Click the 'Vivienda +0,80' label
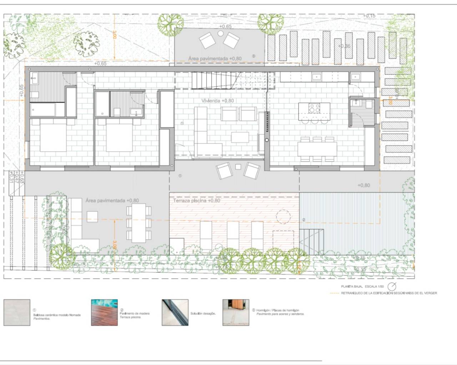point(217,101)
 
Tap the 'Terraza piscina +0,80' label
point(197,201)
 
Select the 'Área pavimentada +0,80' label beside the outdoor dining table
point(112,201)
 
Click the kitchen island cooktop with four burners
point(314,108)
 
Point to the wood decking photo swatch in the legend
point(104,313)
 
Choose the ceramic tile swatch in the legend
point(17,313)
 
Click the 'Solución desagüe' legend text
point(203,314)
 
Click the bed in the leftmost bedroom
point(53,136)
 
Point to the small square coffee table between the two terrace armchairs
point(238,166)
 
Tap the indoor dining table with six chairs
point(317,149)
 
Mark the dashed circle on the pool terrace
point(283,216)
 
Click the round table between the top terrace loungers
point(221,34)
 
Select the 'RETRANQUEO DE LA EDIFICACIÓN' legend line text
point(389,293)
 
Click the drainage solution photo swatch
point(175,313)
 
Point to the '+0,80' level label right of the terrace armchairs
point(363,185)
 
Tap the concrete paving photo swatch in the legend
point(236,313)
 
